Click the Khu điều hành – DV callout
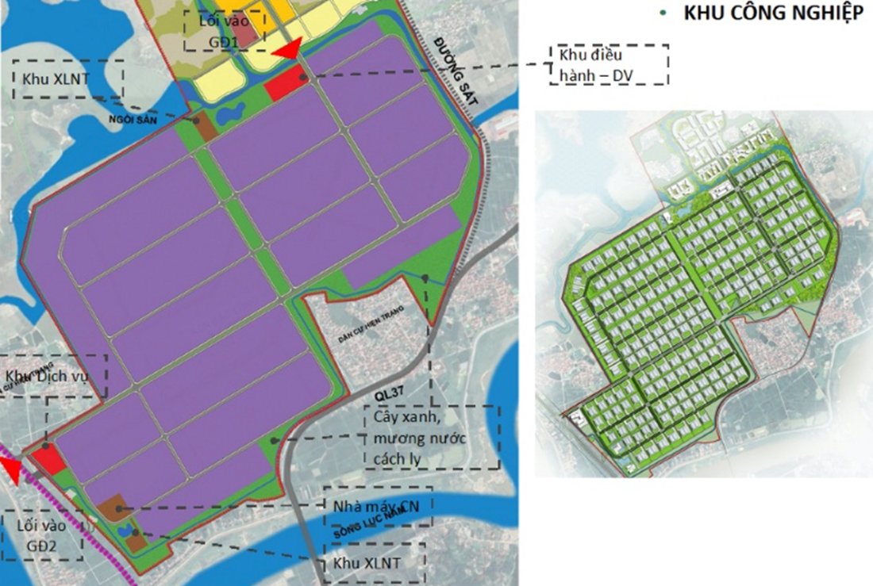[608, 65]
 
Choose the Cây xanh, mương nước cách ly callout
[431, 437]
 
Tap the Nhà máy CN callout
[376, 506]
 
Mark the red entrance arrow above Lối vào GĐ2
[13, 473]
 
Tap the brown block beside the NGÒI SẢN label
[205, 126]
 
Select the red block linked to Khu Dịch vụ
[48, 461]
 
